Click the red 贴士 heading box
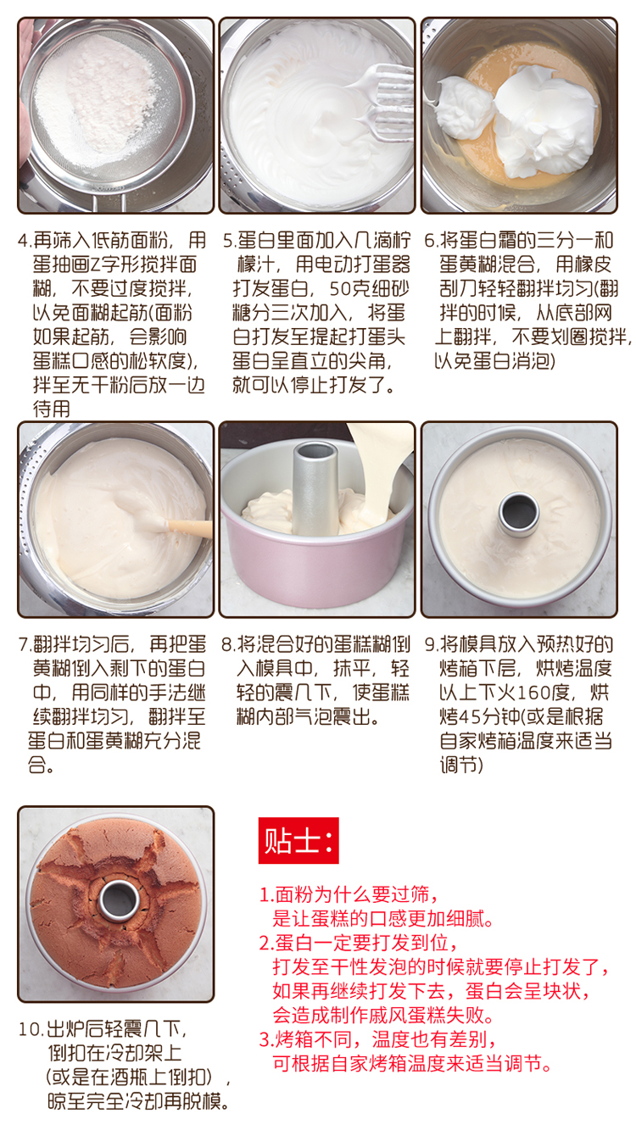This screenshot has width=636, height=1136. (298, 840)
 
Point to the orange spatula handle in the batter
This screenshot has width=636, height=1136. (190, 527)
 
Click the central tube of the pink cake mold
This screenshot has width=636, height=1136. (315, 487)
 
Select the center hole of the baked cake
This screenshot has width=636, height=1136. (119, 901)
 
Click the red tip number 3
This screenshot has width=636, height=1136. (265, 1040)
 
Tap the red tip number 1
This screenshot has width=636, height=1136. (265, 895)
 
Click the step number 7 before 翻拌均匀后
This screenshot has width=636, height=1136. (24, 644)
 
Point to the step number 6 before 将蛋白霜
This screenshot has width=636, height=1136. (430, 241)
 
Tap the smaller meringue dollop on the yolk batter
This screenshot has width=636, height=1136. (464, 108)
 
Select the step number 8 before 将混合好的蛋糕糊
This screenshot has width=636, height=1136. (226, 644)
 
